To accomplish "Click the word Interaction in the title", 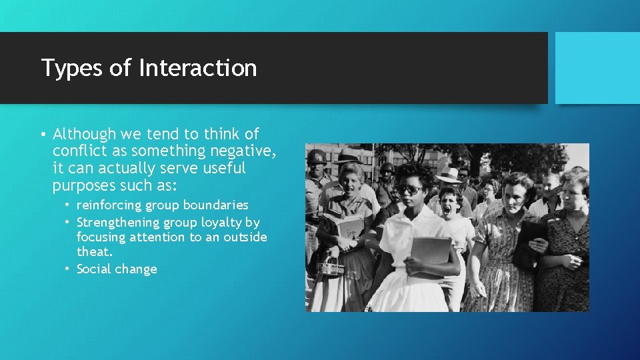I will [x=197, y=68].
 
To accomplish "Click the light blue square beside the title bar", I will [x=597, y=68].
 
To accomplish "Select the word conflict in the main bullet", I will [x=79, y=151].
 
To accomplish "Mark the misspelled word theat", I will [x=95, y=252].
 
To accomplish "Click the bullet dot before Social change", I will [x=68, y=269].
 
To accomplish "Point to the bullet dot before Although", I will [x=43, y=134].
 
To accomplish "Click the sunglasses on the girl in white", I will [x=409, y=190].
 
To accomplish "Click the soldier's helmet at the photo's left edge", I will [x=316, y=157].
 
